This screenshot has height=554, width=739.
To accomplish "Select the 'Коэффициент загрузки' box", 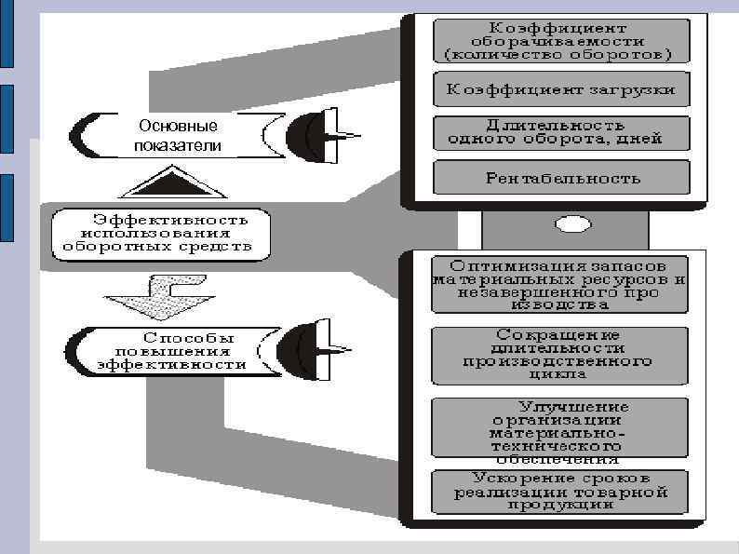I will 561,91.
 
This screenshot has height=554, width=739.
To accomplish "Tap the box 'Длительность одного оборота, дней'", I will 561,133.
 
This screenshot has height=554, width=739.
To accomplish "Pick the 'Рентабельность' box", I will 561,177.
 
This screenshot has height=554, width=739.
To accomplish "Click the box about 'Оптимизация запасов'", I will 561,284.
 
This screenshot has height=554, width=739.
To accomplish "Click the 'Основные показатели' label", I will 177,136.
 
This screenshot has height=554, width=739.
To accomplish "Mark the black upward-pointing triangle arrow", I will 168,182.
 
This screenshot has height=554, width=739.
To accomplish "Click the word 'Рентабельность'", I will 562,177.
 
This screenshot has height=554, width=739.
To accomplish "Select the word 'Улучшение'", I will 573,408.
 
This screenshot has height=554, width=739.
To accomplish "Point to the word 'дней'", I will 642,140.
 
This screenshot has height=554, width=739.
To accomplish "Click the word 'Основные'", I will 177,127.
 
